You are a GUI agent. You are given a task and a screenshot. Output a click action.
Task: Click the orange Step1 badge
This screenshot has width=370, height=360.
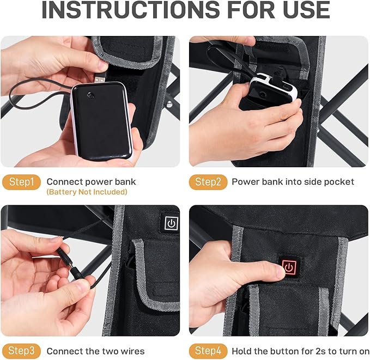[x=21, y=182]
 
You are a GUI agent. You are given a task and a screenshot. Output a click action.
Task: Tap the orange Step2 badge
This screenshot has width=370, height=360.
[x=208, y=182]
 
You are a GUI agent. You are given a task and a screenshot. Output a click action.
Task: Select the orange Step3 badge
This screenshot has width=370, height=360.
[x=21, y=351]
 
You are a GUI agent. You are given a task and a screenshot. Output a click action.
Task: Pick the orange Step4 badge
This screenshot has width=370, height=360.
[x=208, y=351]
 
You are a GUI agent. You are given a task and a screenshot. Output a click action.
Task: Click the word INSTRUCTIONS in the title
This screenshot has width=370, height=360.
[x=130, y=10]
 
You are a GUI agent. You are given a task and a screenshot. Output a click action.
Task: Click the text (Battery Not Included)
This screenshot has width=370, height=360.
[x=87, y=192]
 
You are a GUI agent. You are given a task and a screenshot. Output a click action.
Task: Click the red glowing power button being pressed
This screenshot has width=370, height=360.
[x=289, y=267]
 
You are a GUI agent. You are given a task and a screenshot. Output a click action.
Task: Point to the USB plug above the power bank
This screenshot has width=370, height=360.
[x=100, y=78]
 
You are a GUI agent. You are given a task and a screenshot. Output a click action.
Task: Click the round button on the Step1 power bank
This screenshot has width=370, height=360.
[x=90, y=95]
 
